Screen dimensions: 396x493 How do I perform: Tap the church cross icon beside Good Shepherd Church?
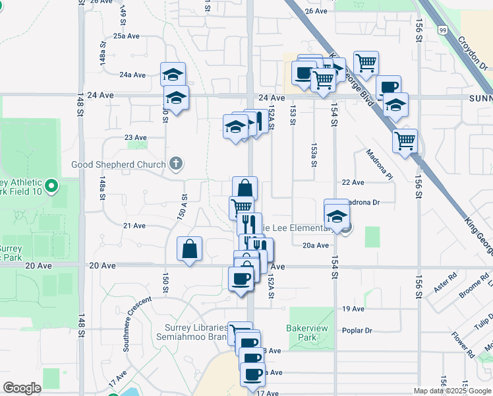point(175,162)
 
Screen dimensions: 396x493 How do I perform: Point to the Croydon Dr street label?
point(473,52)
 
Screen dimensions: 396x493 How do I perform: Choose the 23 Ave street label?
point(136,137)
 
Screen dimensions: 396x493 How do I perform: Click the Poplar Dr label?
point(357,331)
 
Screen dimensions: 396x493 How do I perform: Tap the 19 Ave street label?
point(353,309)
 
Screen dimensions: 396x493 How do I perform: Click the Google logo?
point(22,388)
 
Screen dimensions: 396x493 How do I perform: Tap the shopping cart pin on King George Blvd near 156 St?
point(405,141)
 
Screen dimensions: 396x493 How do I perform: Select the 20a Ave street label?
point(316,246)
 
